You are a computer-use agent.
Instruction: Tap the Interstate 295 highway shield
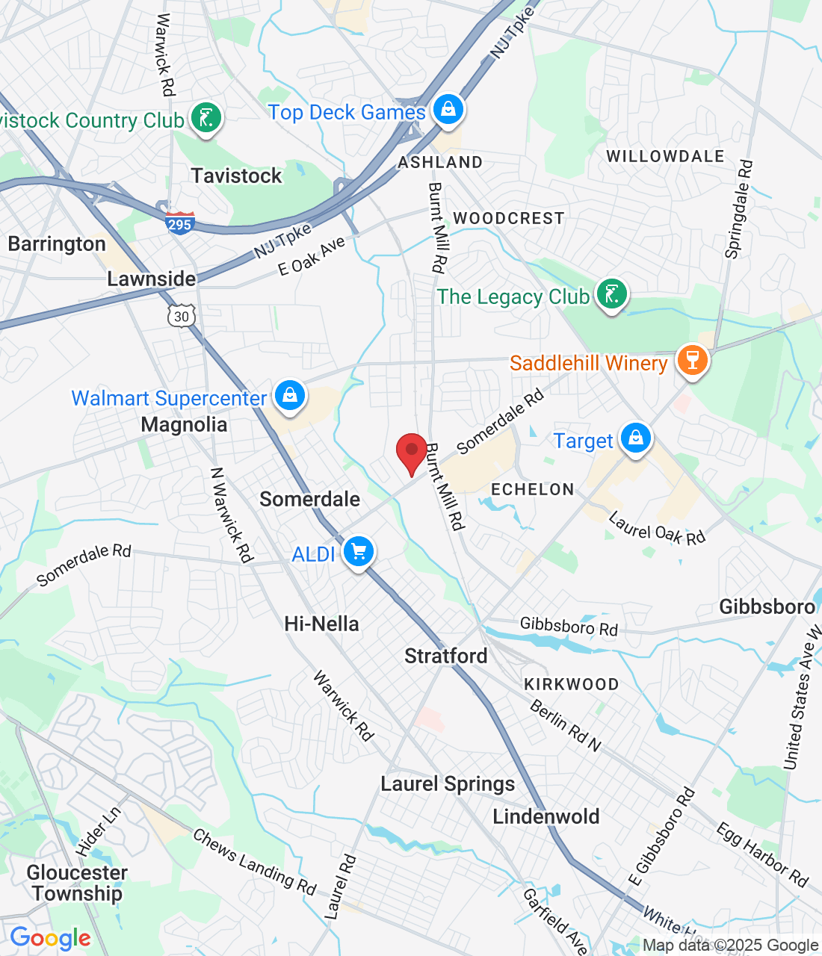[x=180, y=223]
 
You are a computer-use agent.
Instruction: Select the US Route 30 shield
[x=182, y=316]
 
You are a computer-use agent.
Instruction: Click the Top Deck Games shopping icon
[x=448, y=110]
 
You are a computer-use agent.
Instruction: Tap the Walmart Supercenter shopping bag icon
[x=289, y=395]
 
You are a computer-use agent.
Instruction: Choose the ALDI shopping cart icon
[x=359, y=553]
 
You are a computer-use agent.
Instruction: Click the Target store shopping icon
[x=635, y=438]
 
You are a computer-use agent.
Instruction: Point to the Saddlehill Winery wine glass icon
[x=692, y=361]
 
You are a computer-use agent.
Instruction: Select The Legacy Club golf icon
[x=611, y=294]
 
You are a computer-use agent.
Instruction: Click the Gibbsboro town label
[x=767, y=606]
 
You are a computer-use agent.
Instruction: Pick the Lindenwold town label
[x=546, y=816]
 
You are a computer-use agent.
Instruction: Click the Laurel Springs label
[x=448, y=783]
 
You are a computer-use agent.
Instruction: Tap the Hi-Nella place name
[x=321, y=624]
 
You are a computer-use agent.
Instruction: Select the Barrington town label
[x=57, y=244]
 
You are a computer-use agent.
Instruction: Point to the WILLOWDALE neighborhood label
[x=665, y=156]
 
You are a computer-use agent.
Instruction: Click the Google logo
[x=51, y=938]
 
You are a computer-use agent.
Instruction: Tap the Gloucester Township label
[x=77, y=883]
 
